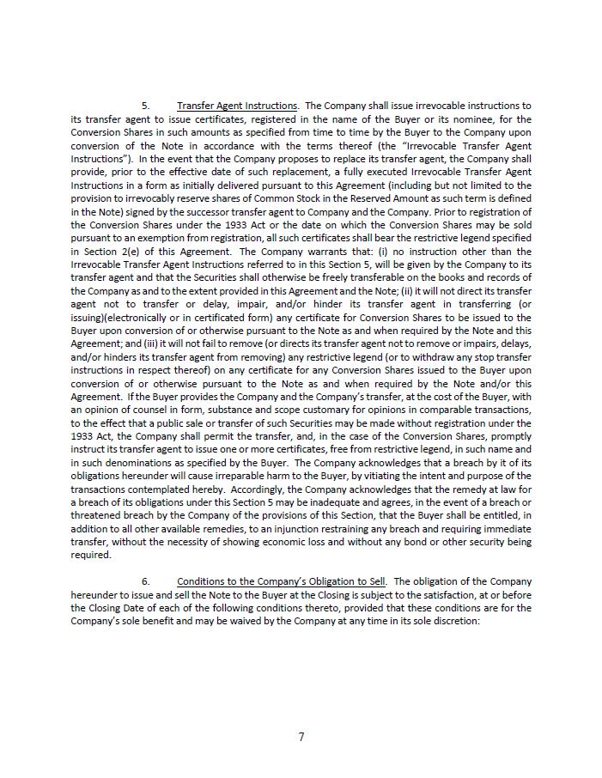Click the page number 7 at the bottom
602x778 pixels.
pyautogui.click(x=301, y=736)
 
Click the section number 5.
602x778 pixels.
pyautogui.click(x=145, y=106)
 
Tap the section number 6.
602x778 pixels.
pyautogui.click(x=145, y=581)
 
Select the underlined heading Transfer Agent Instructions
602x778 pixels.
pyautogui.click(x=237, y=106)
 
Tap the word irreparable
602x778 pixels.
pyautogui.click(x=259, y=476)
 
